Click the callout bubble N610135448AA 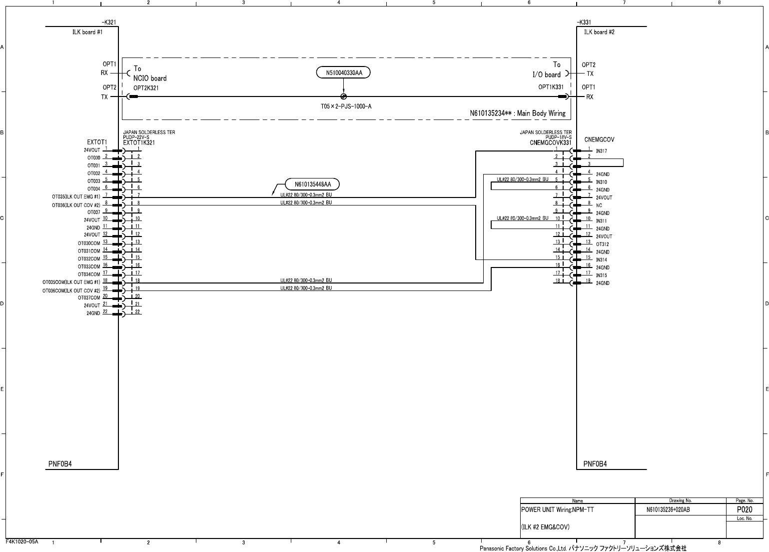click(x=313, y=184)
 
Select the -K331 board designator click(x=584, y=22)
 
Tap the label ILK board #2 click(x=599, y=32)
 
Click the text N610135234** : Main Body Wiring click(x=517, y=113)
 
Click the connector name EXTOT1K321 click(x=139, y=142)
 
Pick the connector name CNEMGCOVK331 click(x=551, y=142)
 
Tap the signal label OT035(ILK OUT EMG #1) click(x=76, y=197)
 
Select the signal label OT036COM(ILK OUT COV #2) click(x=71, y=290)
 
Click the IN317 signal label click(x=601, y=151)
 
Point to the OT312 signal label click(x=602, y=244)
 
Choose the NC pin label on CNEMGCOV click(x=599, y=205)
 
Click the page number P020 click(x=745, y=509)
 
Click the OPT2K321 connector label click(x=146, y=87)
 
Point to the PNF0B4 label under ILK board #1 click(x=60, y=463)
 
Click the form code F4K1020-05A click(x=22, y=541)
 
